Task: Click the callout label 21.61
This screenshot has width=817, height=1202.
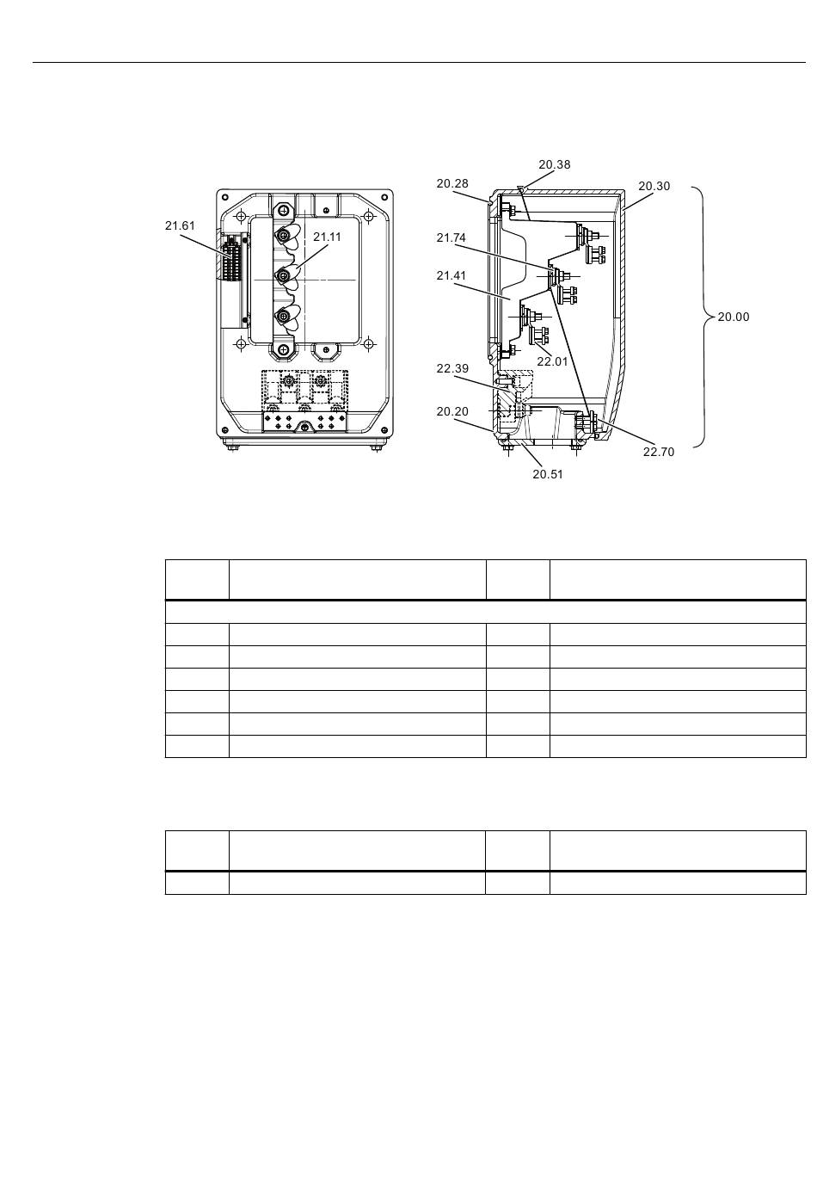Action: [x=180, y=226]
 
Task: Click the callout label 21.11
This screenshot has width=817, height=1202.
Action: [x=327, y=237]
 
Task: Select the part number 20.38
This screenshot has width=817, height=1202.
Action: [x=554, y=164]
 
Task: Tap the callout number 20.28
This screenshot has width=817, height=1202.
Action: [x=452, y=183]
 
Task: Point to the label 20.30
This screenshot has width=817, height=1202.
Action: [x=654, y=186]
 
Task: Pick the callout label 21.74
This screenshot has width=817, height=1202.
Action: [x=451, y=237]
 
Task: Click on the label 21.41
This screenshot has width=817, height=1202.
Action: [x=451, y=276]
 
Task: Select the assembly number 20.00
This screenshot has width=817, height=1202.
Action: [x=734, y=317]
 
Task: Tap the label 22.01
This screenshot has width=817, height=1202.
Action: [x=552, y=361]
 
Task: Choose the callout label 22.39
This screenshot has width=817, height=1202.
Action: [x=452, y=368]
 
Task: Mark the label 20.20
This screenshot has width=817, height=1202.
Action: [x=452, y=411]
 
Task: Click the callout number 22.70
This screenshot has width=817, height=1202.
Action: [x=659, y=453]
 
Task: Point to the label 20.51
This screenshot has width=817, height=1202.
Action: [x=548, y=474]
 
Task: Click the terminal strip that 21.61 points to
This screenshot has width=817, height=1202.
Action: [x=231, y=257]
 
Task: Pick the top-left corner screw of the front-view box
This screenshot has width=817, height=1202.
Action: [x=224, y=197]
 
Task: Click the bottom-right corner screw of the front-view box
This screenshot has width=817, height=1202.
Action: [x=384, y=429]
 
